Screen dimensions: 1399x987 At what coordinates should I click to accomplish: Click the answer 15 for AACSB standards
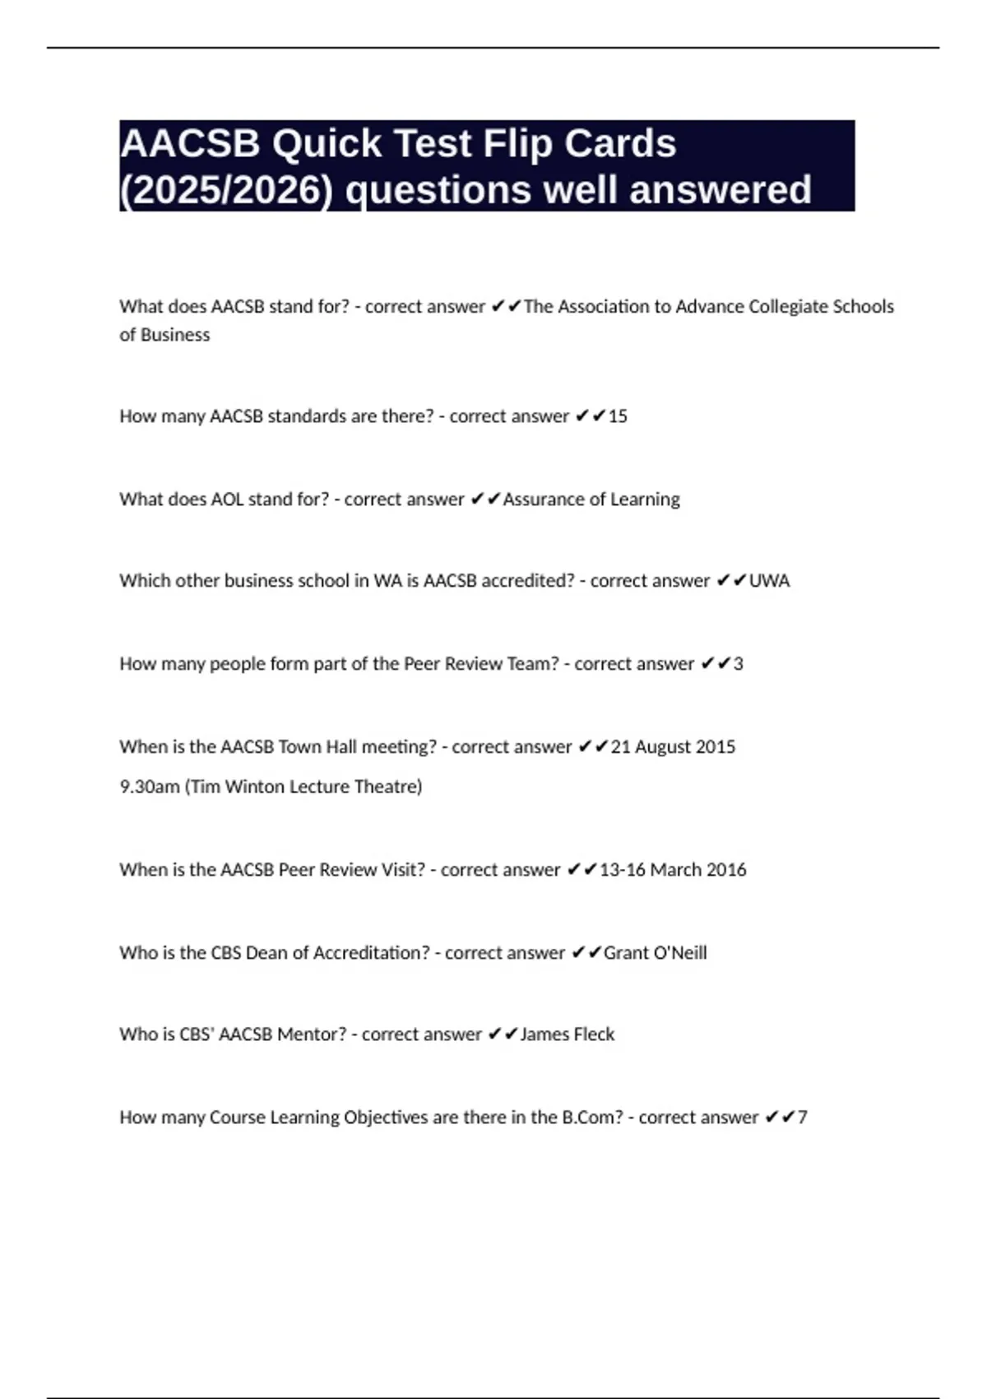pyautogui.click(x=618, y=416)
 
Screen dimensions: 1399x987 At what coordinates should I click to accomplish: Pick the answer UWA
pyautogui.click(x=769, y=581)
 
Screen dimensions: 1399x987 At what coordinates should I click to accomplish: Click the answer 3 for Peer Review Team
pyautogui.click(x=738, y=664)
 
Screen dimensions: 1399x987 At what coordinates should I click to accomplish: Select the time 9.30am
pyautogui.click(x=150, y=787)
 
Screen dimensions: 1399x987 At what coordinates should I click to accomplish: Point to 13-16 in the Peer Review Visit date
pyautogui.click(x=623, y=870)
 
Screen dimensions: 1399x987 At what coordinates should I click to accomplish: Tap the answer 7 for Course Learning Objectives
pyautogui.click(x=803, y=1118)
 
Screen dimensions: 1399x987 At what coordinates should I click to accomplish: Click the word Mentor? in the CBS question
pyautogui.click(x=312, y=1034)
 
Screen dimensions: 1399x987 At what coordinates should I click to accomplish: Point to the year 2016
pyautogui.click(x=725, y=870)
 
